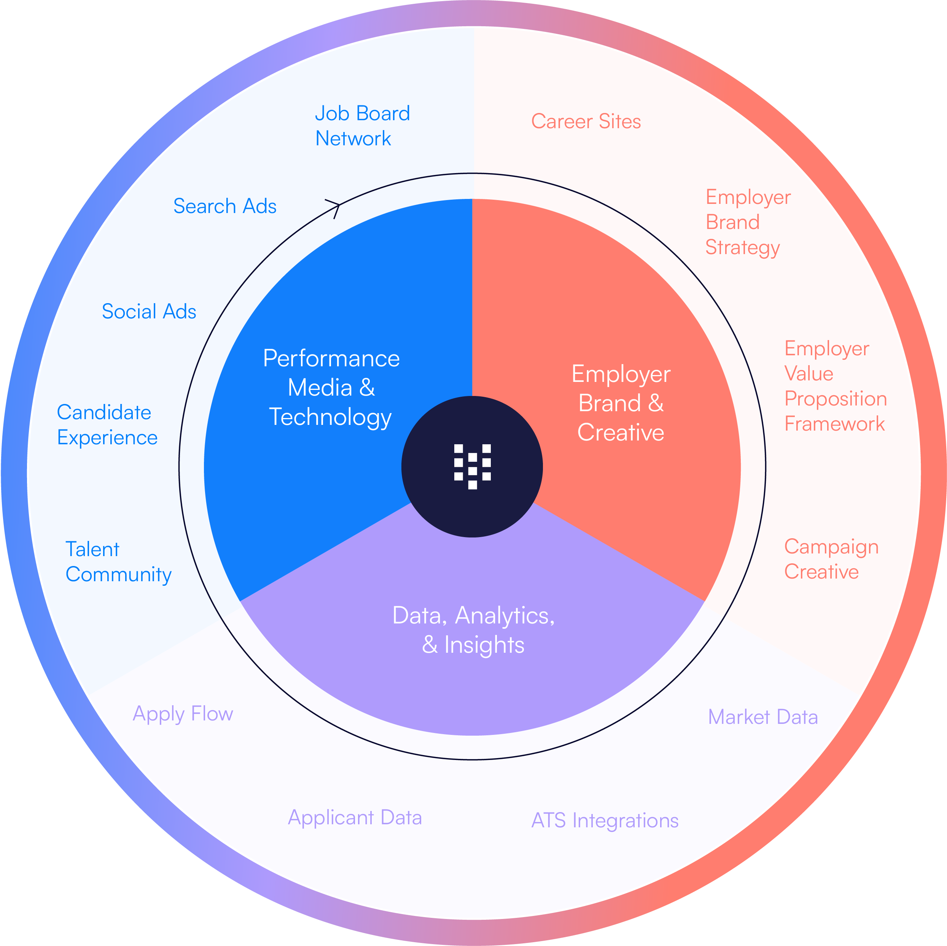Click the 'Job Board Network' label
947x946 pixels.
pos(362,126)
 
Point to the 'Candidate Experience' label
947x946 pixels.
pos(107,425)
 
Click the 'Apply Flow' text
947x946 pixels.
pos(183,714)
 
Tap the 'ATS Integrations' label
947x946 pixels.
pos(605,820)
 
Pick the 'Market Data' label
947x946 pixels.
pos(763,717)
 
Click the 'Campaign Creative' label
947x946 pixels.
pos(831,559)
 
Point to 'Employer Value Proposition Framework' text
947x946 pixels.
pos(835,386)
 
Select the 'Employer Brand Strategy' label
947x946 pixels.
pos(748,223)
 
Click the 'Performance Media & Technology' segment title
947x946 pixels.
pos(331,388)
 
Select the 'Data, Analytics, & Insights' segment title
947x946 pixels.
pos(473,630)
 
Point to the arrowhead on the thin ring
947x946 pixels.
pos(335,206)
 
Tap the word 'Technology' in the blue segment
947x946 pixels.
pos(330,418)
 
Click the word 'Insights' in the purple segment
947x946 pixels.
pos(484,645)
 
